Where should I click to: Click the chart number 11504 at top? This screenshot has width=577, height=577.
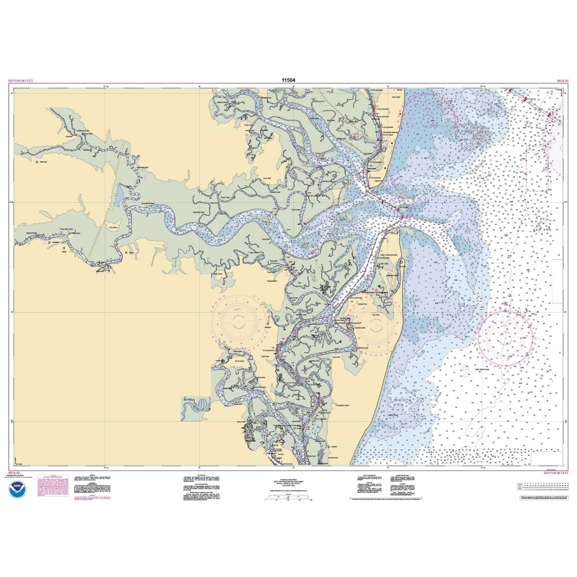[x=288, y=80]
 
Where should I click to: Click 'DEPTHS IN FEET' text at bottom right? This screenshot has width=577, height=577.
[x=556, y=473]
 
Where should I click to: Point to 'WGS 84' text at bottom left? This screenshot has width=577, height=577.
[x=14, y=473]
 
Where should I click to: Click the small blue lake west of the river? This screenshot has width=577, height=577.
[x=118, y=195]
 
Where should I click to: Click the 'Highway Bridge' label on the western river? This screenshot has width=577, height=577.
[x=35, y=234]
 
